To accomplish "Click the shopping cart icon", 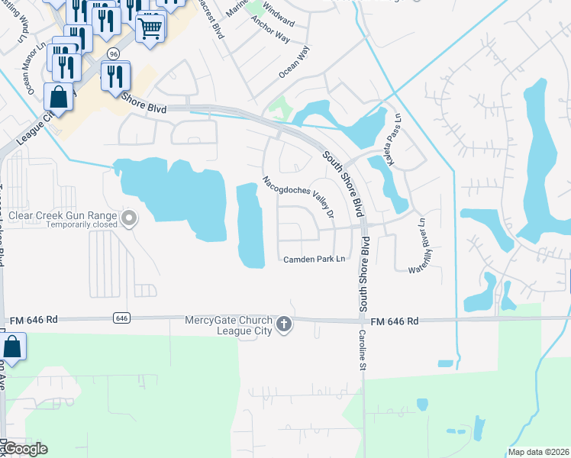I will point(150,28).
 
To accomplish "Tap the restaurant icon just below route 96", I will point(115,76).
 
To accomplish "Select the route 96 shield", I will point(113,54).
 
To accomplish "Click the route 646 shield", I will point(121,317).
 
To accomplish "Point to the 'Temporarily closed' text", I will point(82,225).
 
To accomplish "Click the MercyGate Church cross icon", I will point(283,325).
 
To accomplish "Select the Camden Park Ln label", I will point(315,260).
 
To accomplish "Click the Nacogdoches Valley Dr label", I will point(298,198).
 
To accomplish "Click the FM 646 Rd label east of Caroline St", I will point(394,321).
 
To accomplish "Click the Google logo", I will point(25,449).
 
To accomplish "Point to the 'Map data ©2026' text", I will point(538,452).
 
